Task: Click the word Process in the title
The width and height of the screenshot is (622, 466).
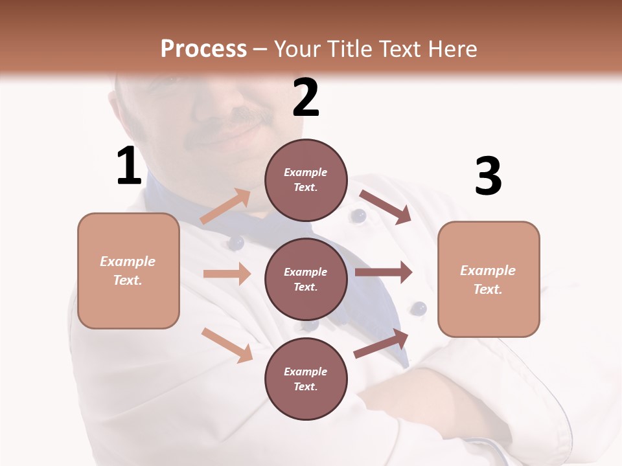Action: tap(203, 49)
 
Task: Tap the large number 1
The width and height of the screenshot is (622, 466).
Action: tap(129, 166)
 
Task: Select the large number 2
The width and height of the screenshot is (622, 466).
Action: tap(306, 98)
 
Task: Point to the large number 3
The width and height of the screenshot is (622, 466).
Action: tap(488, 177)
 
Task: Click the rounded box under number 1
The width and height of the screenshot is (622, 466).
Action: tap(128, 271)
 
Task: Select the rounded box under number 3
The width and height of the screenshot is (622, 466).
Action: tap(489, 279)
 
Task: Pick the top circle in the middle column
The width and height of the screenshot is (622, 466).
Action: tap(306, 180)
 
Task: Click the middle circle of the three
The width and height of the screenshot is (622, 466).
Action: tap(306, 279)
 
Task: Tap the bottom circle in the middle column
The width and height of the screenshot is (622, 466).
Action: tap(306, 379)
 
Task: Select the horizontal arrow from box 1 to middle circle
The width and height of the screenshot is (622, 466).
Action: tap(227, 274)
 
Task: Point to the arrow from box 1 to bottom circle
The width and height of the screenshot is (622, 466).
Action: tap(227, 344)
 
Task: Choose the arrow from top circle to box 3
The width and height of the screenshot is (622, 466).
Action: tap(385, 207)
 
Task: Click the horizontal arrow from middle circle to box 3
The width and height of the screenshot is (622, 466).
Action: tap(384, 272)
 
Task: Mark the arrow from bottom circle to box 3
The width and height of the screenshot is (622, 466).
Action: tap(381, 344)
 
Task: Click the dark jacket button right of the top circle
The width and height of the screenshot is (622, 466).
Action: tap(358, 216)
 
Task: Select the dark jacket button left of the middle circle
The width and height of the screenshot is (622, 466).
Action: tap(235, 243)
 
